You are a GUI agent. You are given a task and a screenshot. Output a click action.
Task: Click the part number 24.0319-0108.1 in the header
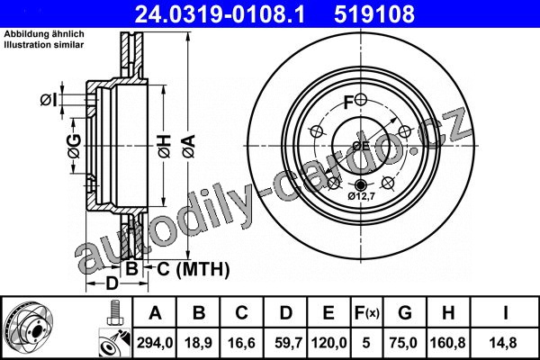[x=220, y=14]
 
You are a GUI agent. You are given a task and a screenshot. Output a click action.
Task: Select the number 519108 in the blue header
[x=374, y=14]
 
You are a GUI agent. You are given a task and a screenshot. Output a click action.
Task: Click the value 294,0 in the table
[x=155, y=343]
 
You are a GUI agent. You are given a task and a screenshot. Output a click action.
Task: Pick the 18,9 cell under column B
[x=198, y=343]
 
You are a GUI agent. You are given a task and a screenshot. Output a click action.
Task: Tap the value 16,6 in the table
[x=241, y=343]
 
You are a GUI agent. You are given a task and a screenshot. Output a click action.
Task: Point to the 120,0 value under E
[x=328, y=343]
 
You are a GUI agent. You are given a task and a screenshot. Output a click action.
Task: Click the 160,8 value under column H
[x=447, y=343]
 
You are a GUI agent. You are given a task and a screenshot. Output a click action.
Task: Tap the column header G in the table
[x=405, y=313]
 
